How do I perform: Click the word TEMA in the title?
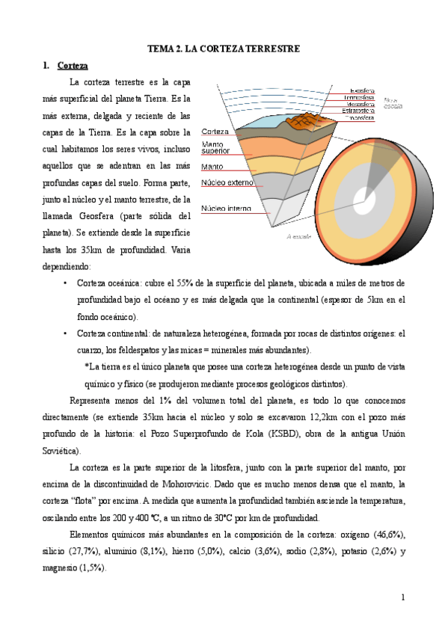[x=159, y=49]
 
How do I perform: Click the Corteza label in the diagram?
[x=215, y=132]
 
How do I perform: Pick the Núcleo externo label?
[x=228, y=182]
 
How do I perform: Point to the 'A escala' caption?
[x=298, y=236]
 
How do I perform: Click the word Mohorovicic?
[x=186, y=485]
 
